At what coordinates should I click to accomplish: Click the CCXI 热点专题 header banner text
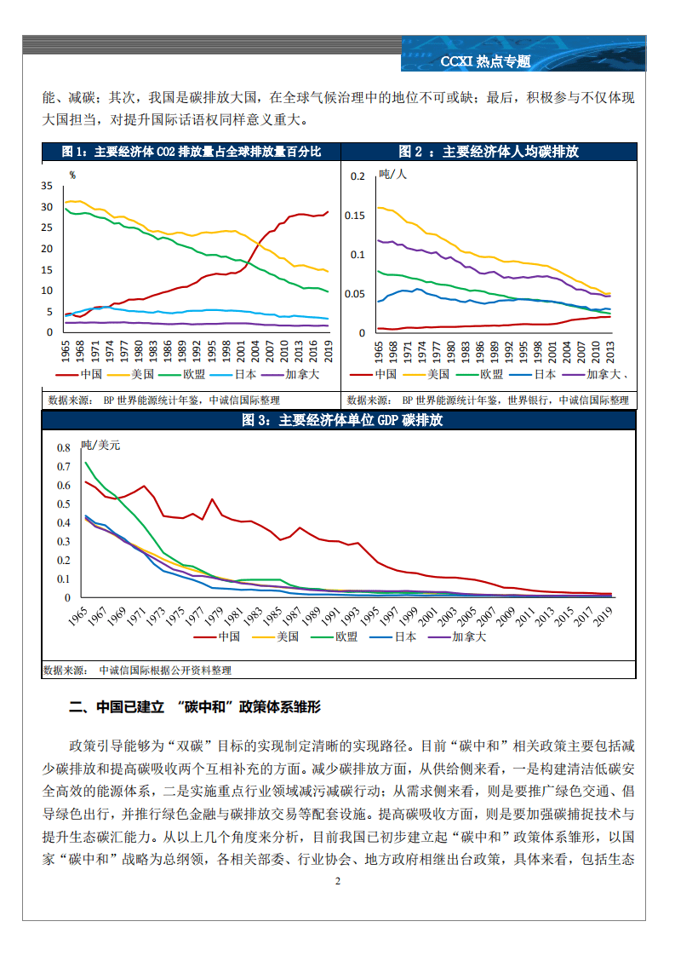click(485, 61)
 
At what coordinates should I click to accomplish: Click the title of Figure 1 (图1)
click(191, 152)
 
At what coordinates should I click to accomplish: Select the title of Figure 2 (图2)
click(488, 152)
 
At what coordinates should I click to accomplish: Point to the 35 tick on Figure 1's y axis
click(46, 186)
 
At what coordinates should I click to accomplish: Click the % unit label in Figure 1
click(72, 176)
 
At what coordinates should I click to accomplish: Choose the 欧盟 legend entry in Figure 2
click(491, 374)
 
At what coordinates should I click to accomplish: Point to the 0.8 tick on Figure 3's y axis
click(63, 448)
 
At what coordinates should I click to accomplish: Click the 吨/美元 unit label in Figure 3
click(100, 445)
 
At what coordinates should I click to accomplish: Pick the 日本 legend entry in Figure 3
click(403, 636)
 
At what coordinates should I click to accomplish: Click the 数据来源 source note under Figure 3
click(137, 671)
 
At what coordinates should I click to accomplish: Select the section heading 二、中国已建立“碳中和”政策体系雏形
click(195, 707)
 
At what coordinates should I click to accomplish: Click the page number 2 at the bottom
click(338, 881)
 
